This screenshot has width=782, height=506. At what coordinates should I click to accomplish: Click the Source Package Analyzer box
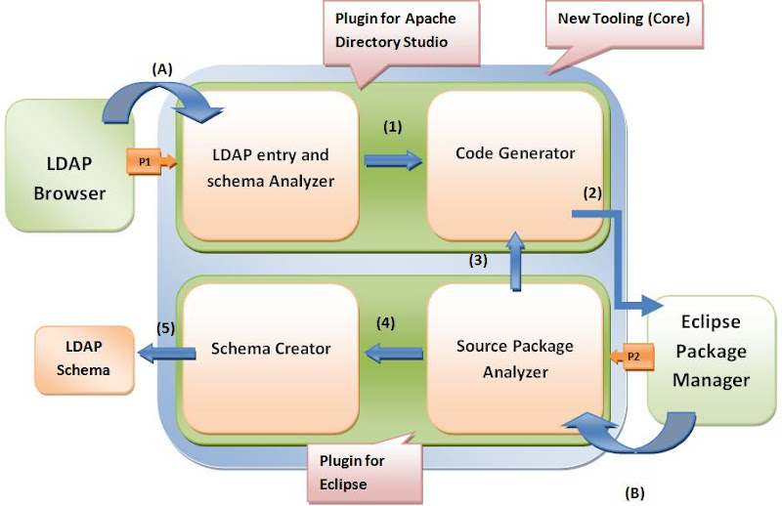point(515,359)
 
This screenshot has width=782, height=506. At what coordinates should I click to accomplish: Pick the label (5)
point(165,328)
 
